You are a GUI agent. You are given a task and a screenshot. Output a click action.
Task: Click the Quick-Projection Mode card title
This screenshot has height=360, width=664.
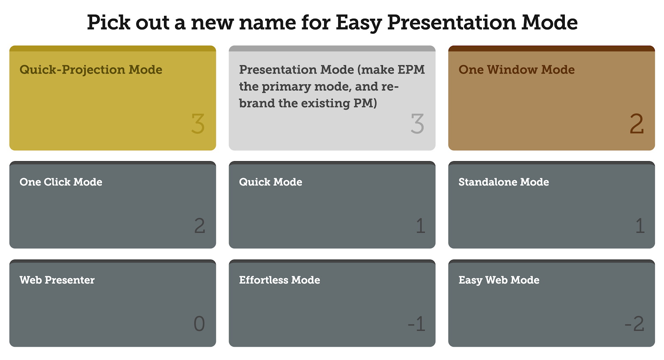point(91,70)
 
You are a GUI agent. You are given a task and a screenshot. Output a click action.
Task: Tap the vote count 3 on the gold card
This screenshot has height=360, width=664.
point(198,124)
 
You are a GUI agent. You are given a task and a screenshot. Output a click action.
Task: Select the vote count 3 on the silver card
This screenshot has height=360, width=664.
point(417,124)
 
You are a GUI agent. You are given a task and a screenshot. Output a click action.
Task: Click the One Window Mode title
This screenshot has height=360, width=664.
point(516,70)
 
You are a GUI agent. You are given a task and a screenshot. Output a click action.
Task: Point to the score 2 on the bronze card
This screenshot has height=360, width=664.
point(637,124)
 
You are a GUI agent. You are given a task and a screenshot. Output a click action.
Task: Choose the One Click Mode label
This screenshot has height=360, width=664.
point(61,182)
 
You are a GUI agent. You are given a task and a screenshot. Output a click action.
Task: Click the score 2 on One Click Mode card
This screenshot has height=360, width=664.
point(200,225)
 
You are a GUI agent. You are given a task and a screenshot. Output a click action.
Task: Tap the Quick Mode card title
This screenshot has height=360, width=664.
point(271,182)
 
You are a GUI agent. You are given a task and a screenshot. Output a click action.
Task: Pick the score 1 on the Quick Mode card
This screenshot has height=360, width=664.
point(421,225)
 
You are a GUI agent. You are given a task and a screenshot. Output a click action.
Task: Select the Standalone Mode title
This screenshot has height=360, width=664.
point(504,182)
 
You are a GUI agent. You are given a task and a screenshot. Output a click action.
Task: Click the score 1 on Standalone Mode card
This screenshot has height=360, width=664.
point(640,225)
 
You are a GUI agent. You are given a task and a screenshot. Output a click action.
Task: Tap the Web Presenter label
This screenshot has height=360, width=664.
point(57,280)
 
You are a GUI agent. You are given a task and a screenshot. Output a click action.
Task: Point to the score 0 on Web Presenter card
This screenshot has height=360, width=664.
point(199,323)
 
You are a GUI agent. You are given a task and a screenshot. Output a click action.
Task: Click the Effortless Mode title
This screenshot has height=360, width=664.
point(280,280)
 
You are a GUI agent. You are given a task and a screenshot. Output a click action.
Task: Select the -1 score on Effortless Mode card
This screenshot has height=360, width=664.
point(417,323)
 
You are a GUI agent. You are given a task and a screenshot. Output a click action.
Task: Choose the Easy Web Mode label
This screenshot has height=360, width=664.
point(499,280)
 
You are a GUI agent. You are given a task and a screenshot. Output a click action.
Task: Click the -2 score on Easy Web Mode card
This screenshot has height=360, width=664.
point(635,323)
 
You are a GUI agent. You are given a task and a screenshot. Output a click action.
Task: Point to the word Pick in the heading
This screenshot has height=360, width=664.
point(108,22)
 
